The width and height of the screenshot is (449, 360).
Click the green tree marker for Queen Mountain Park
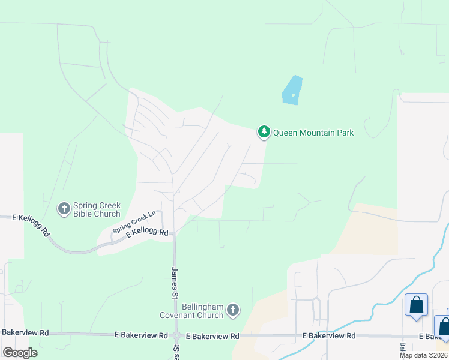pos(264,132)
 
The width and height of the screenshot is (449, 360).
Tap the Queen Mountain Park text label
pos(313,133)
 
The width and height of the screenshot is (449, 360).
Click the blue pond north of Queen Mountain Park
pos(292,91)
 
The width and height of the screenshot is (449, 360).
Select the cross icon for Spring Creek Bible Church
pos(64,209)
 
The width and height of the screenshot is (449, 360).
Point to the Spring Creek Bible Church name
pos(97,209)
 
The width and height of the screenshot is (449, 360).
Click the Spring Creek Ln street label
pos(135,221)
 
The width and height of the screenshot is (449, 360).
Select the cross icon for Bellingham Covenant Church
pos(233,310)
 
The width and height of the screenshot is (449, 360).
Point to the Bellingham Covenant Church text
pos(191,310)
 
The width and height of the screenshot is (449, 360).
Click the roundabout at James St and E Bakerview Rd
pos(176,336)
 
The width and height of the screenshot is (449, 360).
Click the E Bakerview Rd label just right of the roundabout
pos(212,336)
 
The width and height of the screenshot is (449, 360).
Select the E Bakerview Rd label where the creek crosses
pos(328,336)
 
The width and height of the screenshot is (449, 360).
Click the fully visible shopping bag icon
pos(416,305)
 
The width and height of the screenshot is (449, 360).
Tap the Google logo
pos(20,353)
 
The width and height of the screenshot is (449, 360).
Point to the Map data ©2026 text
pos(423,355)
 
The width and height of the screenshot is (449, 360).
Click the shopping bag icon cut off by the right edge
pos(443,326)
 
